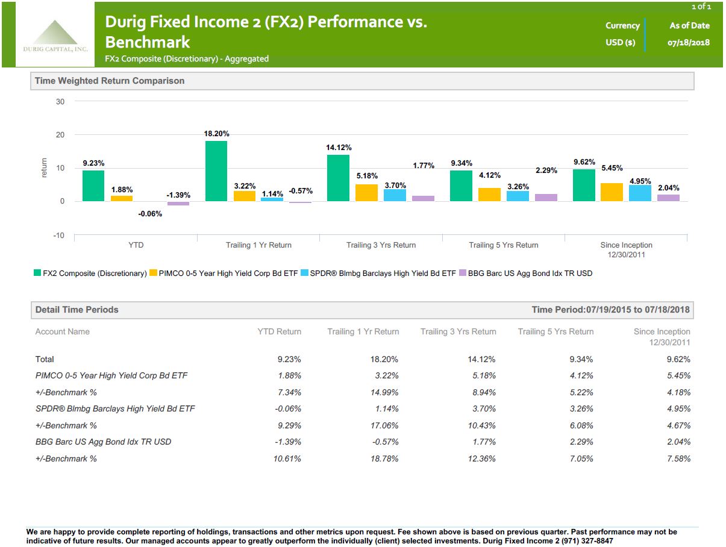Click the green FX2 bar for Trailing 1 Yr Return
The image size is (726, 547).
[x=216, y=171]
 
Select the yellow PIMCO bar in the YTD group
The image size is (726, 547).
[x=122, y=198]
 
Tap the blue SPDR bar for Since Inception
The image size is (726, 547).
[x=640, y=193]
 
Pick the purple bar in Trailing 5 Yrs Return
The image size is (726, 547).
[x=546, y=198]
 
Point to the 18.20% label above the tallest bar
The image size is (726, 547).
[x=216, y=134]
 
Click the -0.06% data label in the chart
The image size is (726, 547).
[x=150, y=214]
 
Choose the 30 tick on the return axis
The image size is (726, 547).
[x=60, y=102]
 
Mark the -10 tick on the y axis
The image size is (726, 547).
[x=58, y=236]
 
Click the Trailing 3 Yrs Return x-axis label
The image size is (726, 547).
[x=381, y=245]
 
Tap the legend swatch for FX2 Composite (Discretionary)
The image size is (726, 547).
[x=37, y=273]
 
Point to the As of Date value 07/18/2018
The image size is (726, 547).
[x=689, y=43]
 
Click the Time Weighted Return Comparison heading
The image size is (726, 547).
[x=110, y=81]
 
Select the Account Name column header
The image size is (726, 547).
[x=62, y=331]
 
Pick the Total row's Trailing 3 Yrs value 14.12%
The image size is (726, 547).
[x=481, y=360]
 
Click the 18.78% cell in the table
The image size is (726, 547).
[x=384, y=458]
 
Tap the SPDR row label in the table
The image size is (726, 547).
[x=115, y=409]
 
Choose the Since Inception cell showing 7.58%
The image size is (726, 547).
[x=677, y=458]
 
